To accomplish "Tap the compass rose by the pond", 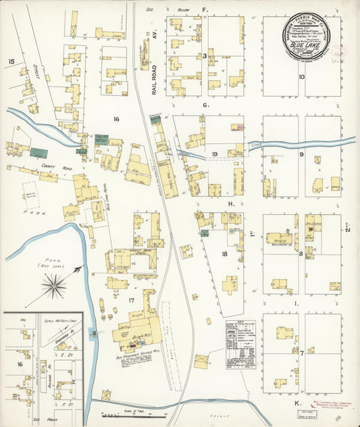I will coord(53,288).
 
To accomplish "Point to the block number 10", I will coord(302,77).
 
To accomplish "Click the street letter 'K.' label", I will coord(297,403).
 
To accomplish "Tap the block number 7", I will coord(302,353).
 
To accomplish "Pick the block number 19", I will coord(213,155).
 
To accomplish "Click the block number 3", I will coord(205,56).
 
